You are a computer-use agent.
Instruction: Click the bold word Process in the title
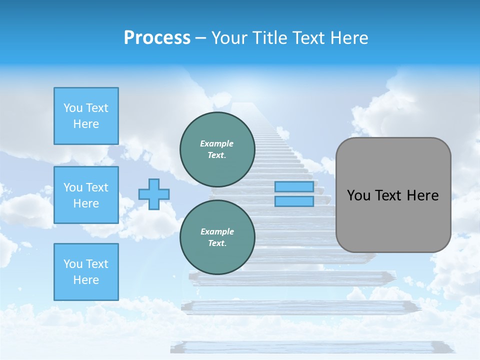[x=157, y=38]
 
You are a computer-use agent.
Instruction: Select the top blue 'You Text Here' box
[x=86, y=116]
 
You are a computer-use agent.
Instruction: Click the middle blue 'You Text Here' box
[x=86, y=195]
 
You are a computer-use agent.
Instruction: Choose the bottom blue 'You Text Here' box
[x=86, y=271]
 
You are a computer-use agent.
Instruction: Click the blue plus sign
[x=154, y=194]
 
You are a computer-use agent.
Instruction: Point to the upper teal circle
[x=217, y=149]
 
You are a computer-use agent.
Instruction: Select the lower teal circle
[x=217, y=237]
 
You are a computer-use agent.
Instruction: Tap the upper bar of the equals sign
[x=294, y=187]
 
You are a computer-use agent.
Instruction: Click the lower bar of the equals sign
[x=294, y=201]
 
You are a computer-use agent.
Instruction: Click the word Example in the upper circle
[x=217, y=143]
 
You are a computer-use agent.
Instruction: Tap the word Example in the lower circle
[x=217, y=231]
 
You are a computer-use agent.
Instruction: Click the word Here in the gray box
[x=422, y=195]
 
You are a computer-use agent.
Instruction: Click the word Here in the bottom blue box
[x=86, y=280]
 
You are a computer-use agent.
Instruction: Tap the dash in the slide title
[x=200, y=38]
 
